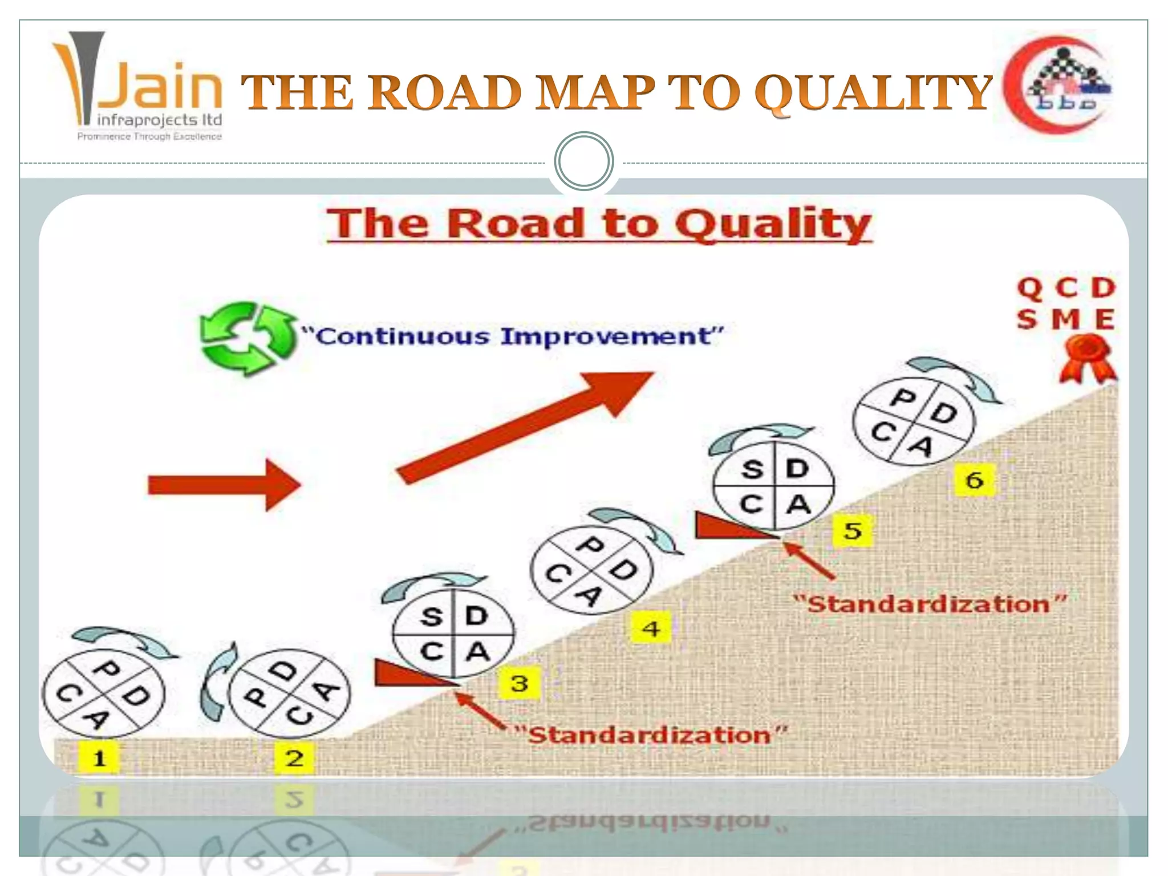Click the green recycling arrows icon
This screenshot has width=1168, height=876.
pyautogui.click(x=247, y=338)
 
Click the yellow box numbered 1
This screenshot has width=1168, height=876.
pyautogui.click(x=100, y=759)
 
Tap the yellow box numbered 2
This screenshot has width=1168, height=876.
pyautogui.click(x=294, y=759)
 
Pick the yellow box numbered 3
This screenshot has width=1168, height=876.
pyautogui.click(x=519, y=683)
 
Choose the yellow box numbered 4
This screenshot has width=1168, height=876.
pyautogui.click(x=651, y=629)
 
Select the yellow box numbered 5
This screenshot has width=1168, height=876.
pyautogui.click(x=853, y=531)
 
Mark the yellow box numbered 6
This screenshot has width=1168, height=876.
pyautogui.click(x=975, y=480)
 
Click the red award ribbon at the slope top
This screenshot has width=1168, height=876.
pyautogui.click(x=1087, y=358)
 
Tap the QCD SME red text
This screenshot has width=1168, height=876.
pyautogui.click(x=1065, y=303)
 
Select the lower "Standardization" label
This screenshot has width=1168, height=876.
pyautogui.click(x=650, y=735)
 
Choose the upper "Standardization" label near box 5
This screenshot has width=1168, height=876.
pyautogui.click(x=930, y=604)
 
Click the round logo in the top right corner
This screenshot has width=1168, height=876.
pyautogui.click(x=1058, y=86)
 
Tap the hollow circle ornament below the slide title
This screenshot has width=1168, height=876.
pyautogui.click(x=583, y=161)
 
